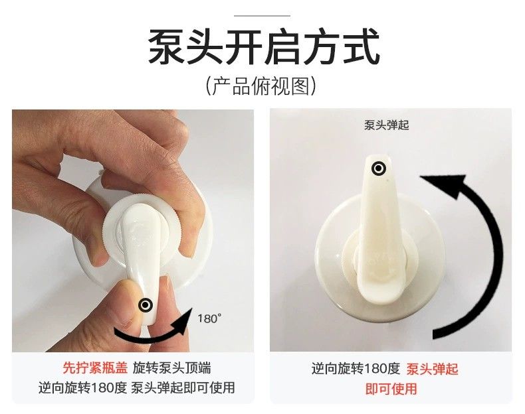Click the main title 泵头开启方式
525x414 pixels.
tap(264, 46)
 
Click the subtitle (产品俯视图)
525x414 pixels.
tap(261, 86)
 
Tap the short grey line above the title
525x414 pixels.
tap(262, 15)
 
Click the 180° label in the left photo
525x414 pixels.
tap(209, 318)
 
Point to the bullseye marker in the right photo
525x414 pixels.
tap(379, 168)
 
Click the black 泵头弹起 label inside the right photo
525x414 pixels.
tap(387, 125)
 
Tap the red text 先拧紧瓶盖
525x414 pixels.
tap(95, 368)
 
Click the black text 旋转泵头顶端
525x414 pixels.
tap(172, 368)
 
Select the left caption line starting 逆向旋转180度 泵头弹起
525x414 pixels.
tap(137, 387)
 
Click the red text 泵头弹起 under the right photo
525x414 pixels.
tap(432, 370)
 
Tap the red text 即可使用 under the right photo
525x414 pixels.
tap(391, 389)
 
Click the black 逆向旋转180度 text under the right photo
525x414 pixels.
tap(356, 369)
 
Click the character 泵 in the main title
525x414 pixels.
tap(166, 46)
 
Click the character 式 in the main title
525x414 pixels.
tap(361, 46)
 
